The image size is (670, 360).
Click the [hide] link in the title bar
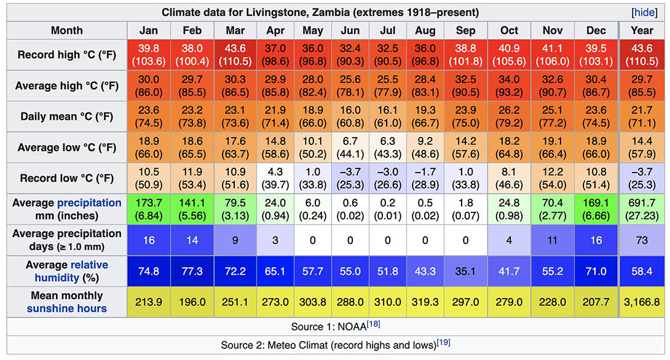(x=644, y=12)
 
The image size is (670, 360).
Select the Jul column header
(x=387, y=30)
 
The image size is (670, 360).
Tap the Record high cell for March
(x=232, y=55)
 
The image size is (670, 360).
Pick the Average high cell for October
(x=510, y=86)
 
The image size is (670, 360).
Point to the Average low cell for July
(x=387, y=147)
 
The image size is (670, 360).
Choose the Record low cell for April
(x=274, y=178)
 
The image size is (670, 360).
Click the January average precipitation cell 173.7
(x=149, y=209)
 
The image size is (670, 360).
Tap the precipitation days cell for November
(x=550, y=240)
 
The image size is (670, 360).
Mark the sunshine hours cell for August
(x=425, y=302)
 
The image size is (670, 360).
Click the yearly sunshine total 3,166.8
(x=643, y=302)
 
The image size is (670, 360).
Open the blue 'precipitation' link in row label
(x=89, y=203)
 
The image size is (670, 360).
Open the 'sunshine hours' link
(x=66, y=308)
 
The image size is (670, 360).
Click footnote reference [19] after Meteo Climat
(x=444, y=342)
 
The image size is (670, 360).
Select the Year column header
(x=643, y=30)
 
